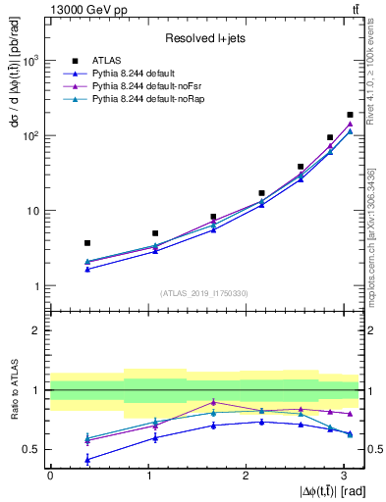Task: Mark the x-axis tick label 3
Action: pos(344,476)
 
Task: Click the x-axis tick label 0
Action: pos(50,476)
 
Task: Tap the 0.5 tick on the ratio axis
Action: pos(33,449)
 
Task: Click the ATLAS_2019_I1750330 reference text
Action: pos(205,292)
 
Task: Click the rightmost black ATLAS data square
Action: pos(350,115)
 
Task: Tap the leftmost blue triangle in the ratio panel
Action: pos(87,459)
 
